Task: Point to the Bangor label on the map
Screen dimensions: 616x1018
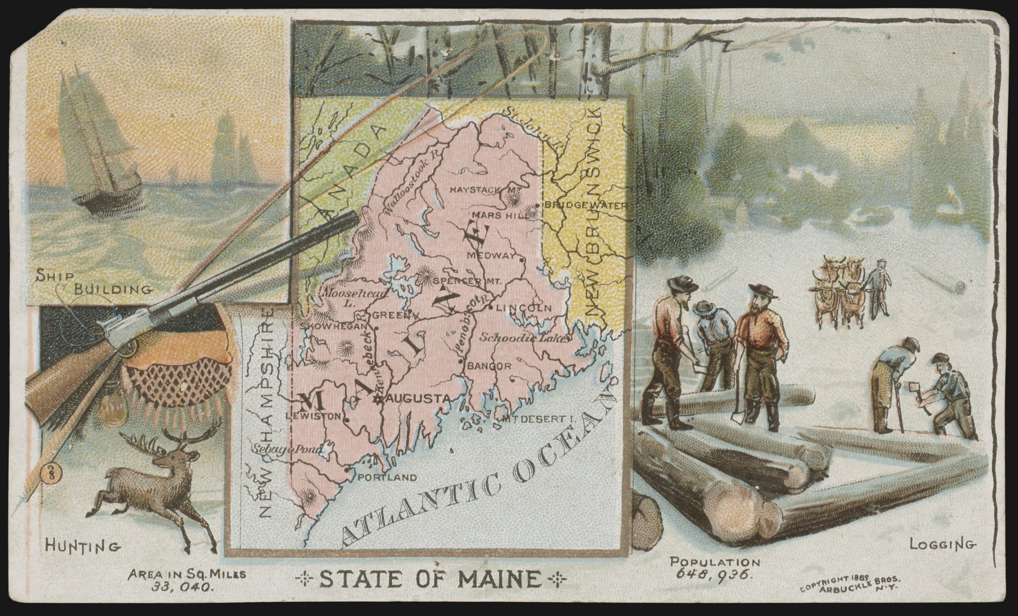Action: coord(489,366)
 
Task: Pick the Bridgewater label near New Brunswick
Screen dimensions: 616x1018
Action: coord(585,205)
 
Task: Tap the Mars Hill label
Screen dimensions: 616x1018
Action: coord(495,216)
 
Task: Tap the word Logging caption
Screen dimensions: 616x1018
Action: coord(942,545)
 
